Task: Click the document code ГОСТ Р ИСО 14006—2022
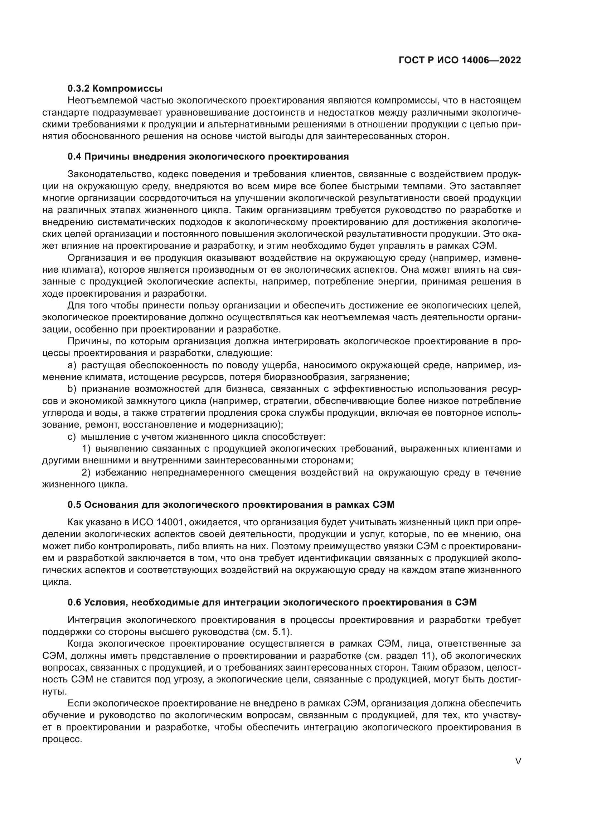(460, 60)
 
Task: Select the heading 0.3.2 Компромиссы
(115, 88)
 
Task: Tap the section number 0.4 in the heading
(74, 157)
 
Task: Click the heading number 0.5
(74, 505)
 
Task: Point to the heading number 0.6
(74, 602)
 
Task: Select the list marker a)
(72, 365)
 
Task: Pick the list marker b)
(72, 389)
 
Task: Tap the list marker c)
(72, 437)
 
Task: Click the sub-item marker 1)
(86, 449)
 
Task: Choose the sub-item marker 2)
(86, 473)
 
